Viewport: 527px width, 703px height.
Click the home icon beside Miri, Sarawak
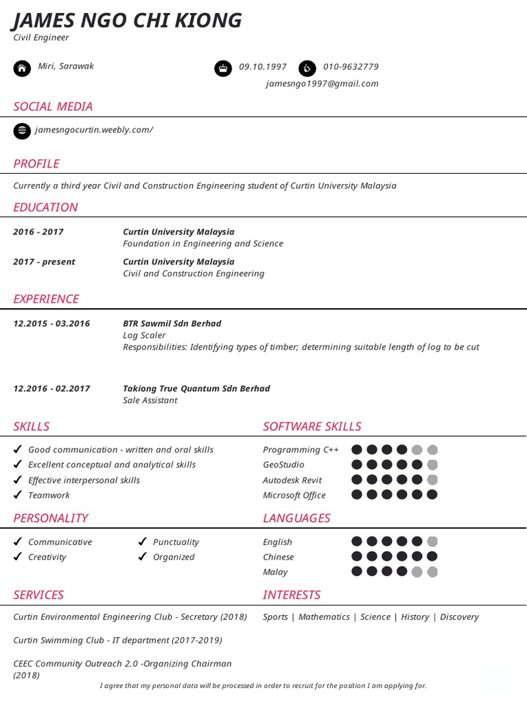click(x=22, y=68)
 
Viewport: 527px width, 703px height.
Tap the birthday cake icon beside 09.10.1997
click(x=223, y=68)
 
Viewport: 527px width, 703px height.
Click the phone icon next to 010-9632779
click(x=307, y=68)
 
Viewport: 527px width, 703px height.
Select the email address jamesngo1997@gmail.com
click(x=322, y=84)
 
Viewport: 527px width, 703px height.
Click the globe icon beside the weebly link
click(x=22, y=130)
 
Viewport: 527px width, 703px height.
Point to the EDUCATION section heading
click(x=45, y=207)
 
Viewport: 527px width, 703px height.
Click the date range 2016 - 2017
click(x=38, y=232)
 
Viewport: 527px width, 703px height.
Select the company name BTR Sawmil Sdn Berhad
click(x=172, y=323)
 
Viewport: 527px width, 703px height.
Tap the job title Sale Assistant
click(x=150, y=400)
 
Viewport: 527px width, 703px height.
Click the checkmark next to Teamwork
click(x=18, y=495)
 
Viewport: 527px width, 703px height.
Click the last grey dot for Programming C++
click(x=432, y=450)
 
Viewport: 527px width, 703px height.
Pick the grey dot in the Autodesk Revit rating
click(x=432, y=480)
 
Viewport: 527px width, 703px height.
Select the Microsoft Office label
click(x=294, y=496)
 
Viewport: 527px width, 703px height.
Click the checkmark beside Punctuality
click(x=143, y=542)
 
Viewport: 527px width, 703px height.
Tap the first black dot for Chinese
click(x=357, y=557)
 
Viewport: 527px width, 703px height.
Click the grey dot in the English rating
click(x=432, y=542)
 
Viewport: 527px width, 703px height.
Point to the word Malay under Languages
click(x=275, y=573)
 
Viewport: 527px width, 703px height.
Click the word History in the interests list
click(x=414, y=617)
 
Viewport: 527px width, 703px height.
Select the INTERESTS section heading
click(x=292, y=595)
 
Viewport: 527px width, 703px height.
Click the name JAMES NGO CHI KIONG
click(x=128, y=21)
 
